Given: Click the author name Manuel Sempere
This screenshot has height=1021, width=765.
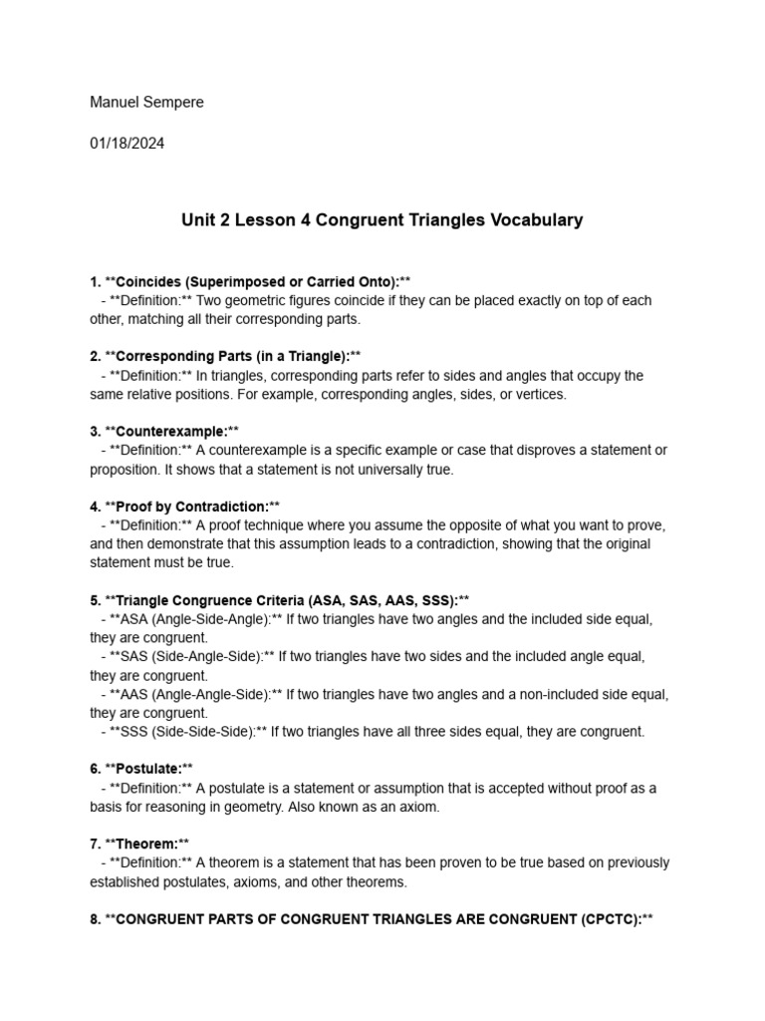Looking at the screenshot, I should point(146,103).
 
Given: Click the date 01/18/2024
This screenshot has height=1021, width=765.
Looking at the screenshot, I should point(127,143).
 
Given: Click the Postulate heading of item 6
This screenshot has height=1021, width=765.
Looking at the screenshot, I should point(148,769).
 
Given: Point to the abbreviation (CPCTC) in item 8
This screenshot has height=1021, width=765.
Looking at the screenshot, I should point(607,918).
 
